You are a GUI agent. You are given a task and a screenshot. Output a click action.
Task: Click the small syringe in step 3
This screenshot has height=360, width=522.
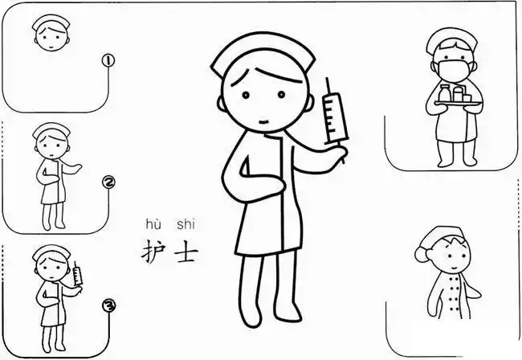pos(78,276)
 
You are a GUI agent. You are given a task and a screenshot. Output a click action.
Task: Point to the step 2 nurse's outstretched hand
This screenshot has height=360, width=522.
pos(76,167)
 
